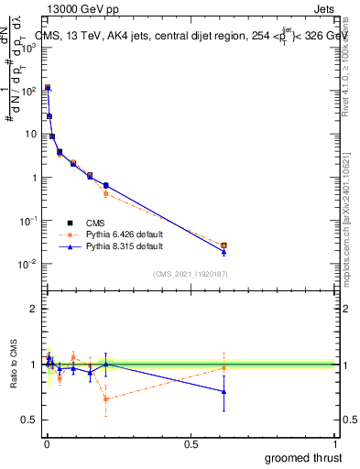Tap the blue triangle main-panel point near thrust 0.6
point(224,251)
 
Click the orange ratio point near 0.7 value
point(105,398)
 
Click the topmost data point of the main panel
point(48,88)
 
